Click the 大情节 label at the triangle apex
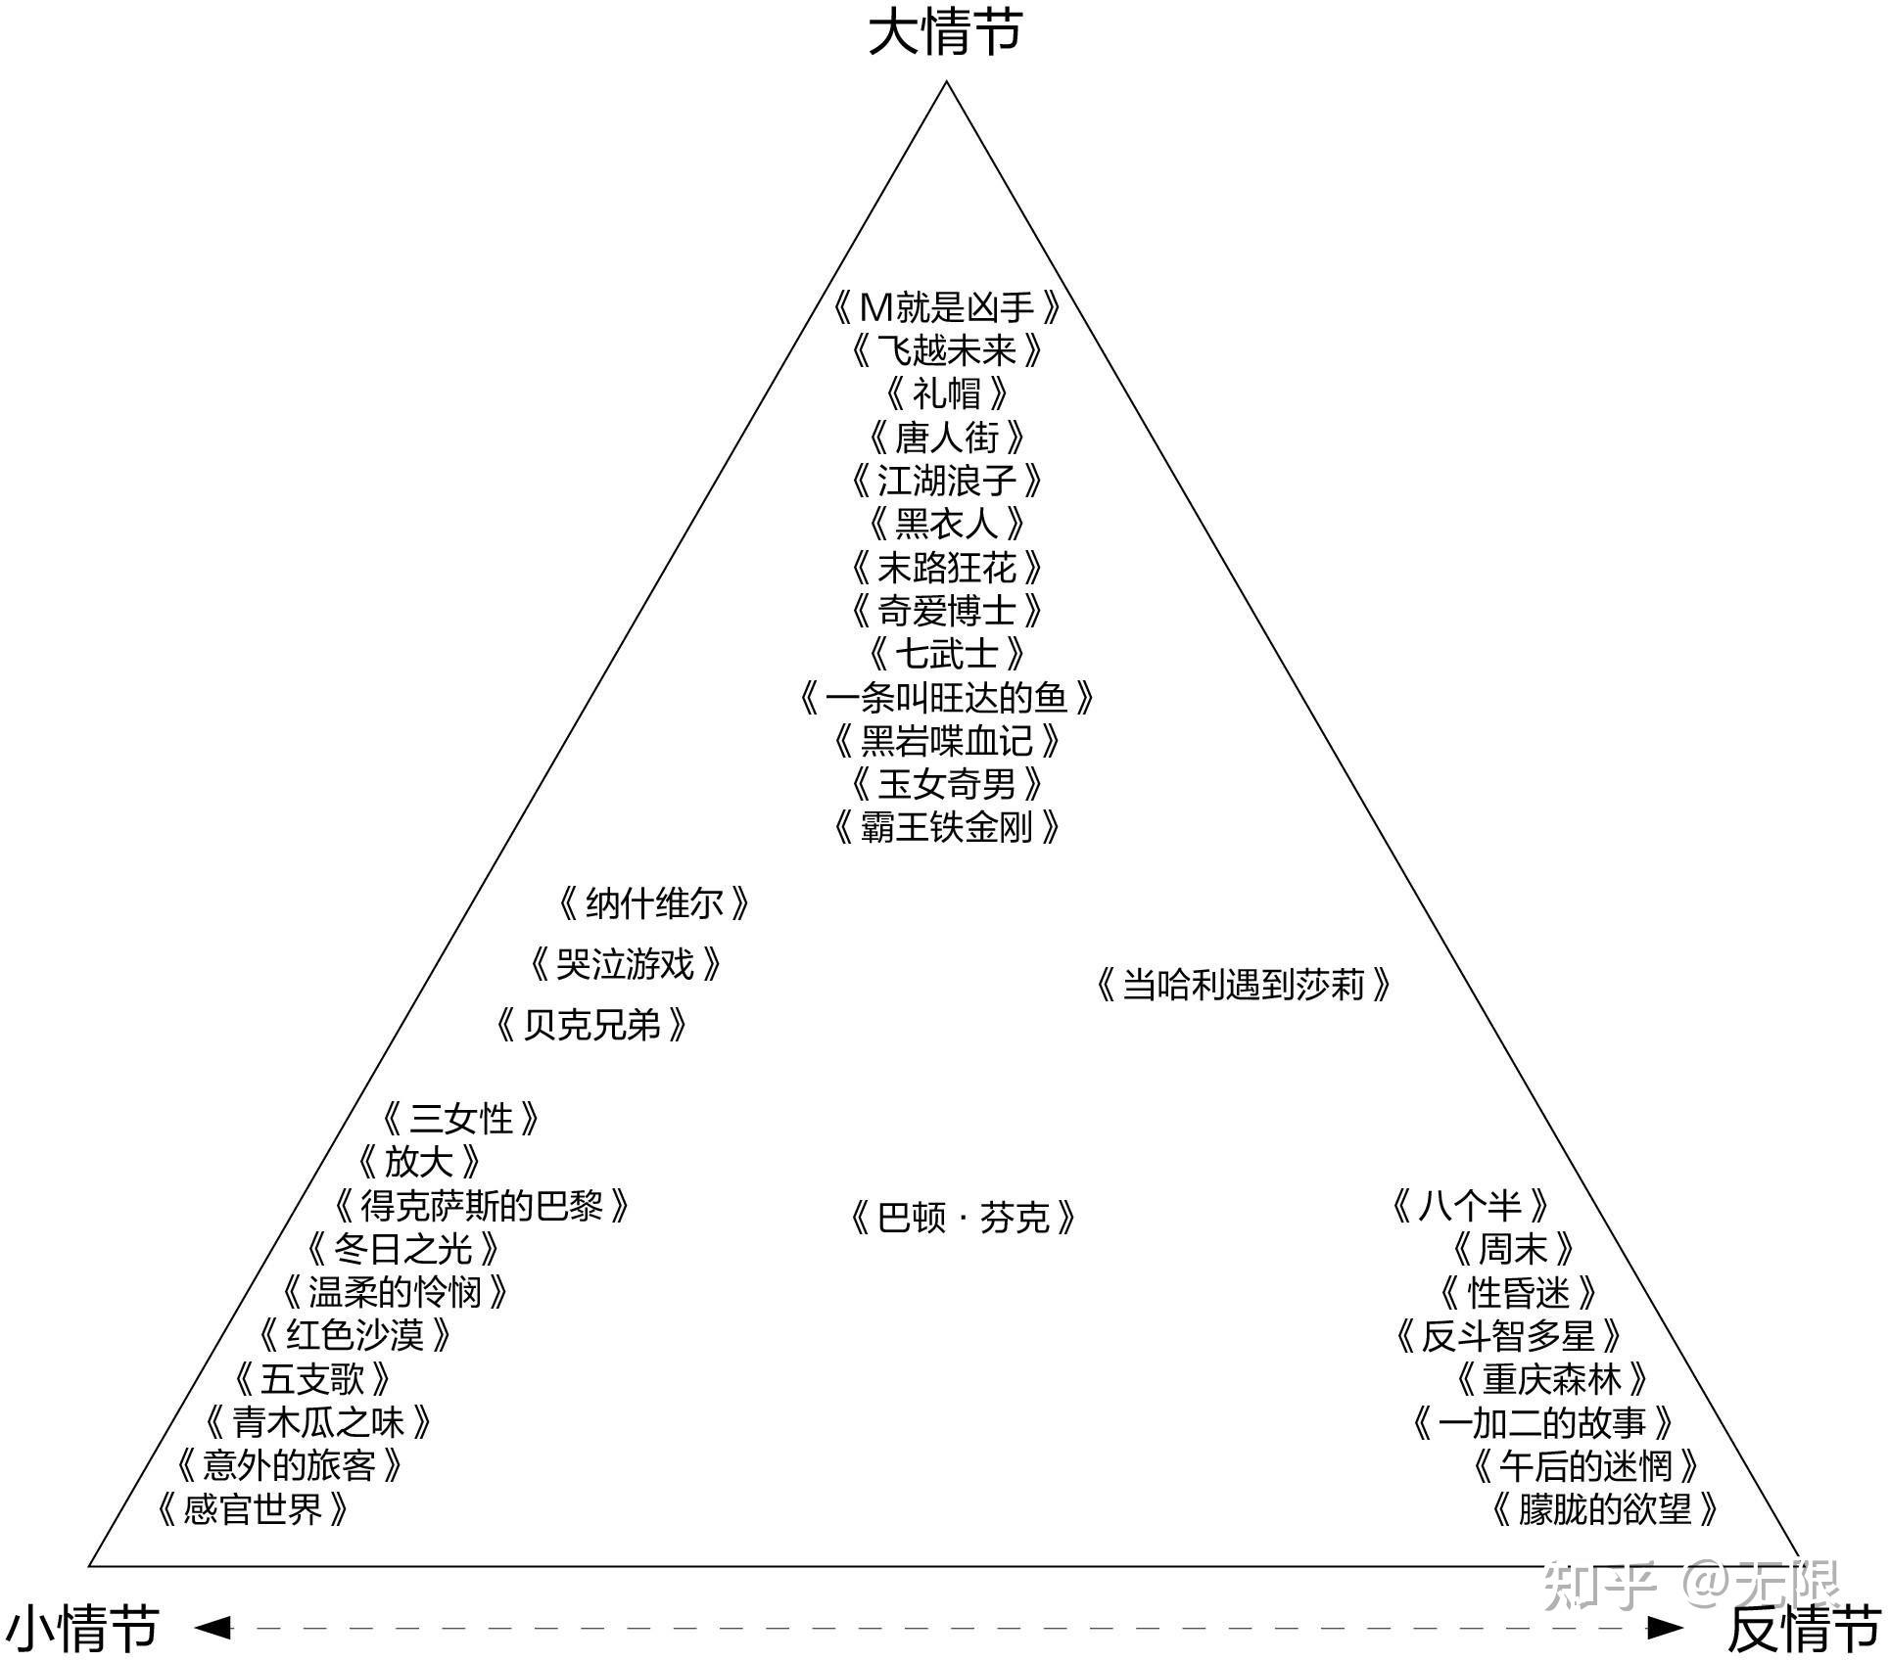pos(945,33)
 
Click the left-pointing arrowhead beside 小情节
pos(213,1628)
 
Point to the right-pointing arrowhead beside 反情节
pos(1664,1628)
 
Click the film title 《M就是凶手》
pos(946,308)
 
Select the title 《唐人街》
pos(946,438)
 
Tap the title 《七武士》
pos(946,654)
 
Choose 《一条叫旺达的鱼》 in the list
pos(946,698)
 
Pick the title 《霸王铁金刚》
pos(946,828)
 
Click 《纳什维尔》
pos(653,903)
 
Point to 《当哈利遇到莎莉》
pos(1243,985)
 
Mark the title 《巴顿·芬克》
pos(963,1219)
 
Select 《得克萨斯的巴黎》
pos(481,1206)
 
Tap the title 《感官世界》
pos(253,1509)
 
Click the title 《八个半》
pos(1470,1206)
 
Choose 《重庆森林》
pos(1551,1379)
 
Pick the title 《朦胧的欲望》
pos(1604,1509)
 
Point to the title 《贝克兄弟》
pos(590,1026)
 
